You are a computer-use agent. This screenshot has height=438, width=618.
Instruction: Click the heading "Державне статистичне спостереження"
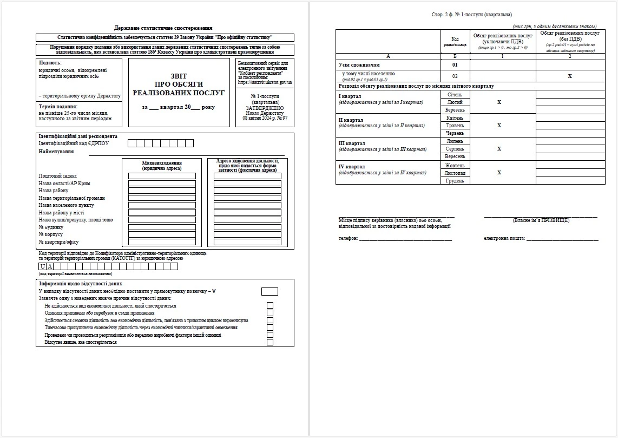pos(163,28)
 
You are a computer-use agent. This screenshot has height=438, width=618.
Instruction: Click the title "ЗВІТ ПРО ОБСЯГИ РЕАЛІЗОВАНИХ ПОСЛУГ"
pos(179,84)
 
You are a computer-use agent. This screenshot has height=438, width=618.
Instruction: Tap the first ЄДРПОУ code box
pos(132,143)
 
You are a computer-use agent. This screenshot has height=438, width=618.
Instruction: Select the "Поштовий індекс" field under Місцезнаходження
pos(162,176)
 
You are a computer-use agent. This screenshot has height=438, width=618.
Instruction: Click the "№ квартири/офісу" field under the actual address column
pos(247,242)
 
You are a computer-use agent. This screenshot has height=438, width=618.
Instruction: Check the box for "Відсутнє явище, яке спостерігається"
pos(269,342)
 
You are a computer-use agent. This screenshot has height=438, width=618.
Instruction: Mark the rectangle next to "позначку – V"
pos(269,291)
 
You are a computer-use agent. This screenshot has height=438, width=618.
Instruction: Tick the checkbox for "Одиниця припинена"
pos(269,313)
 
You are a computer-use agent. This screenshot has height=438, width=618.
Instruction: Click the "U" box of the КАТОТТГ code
pos(43,266)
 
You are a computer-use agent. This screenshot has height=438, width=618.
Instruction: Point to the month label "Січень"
pos(455,94)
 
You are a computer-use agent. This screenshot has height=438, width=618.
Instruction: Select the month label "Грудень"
pos(455,180)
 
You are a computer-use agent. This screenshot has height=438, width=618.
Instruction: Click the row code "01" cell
pos(455,65)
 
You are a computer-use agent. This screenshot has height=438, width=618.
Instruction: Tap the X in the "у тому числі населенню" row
pos(570,76)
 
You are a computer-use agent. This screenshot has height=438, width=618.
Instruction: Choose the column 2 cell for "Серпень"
pos(570,149)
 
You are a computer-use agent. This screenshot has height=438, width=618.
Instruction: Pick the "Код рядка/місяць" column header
pos(455,41)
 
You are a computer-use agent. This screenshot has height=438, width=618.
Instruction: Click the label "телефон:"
pos(348,239)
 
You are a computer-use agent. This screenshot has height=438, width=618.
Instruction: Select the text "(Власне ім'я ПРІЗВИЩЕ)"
pos(541,220)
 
